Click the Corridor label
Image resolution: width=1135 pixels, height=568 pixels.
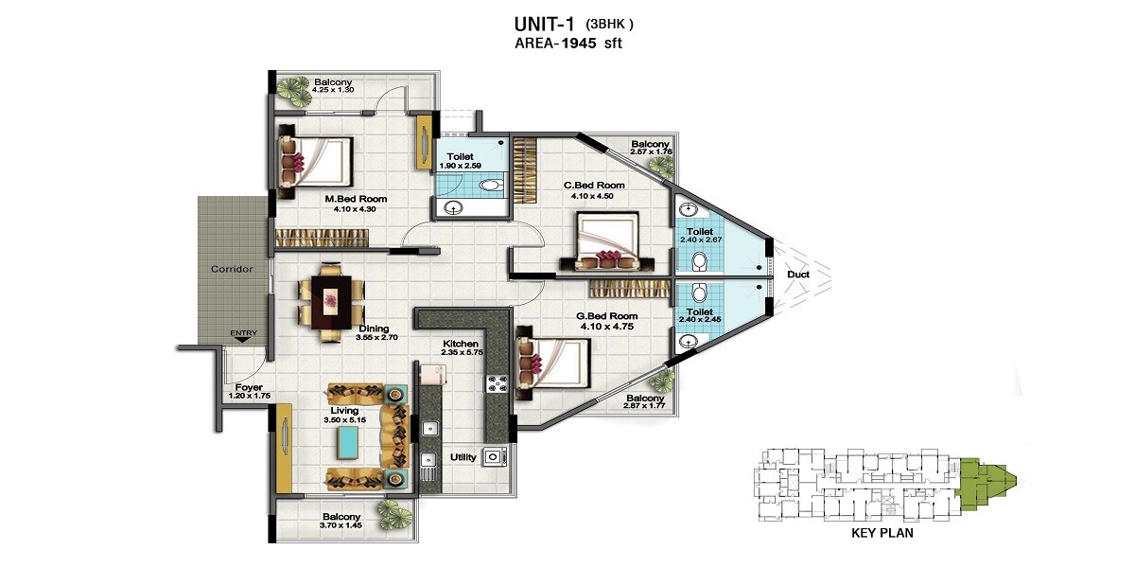(231, 270)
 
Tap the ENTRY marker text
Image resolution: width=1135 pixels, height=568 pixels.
(243, 333)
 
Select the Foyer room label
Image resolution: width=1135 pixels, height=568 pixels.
(249, 387)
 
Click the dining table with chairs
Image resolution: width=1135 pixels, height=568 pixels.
(330, 301)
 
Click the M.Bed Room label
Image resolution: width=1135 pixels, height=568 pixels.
(355, 199)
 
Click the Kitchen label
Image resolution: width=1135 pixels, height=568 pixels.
(461, 344)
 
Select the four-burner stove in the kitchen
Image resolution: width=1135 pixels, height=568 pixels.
(497, 383)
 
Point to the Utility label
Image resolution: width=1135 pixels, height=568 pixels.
(463, 456)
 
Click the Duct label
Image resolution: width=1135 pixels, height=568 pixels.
(797, 275)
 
